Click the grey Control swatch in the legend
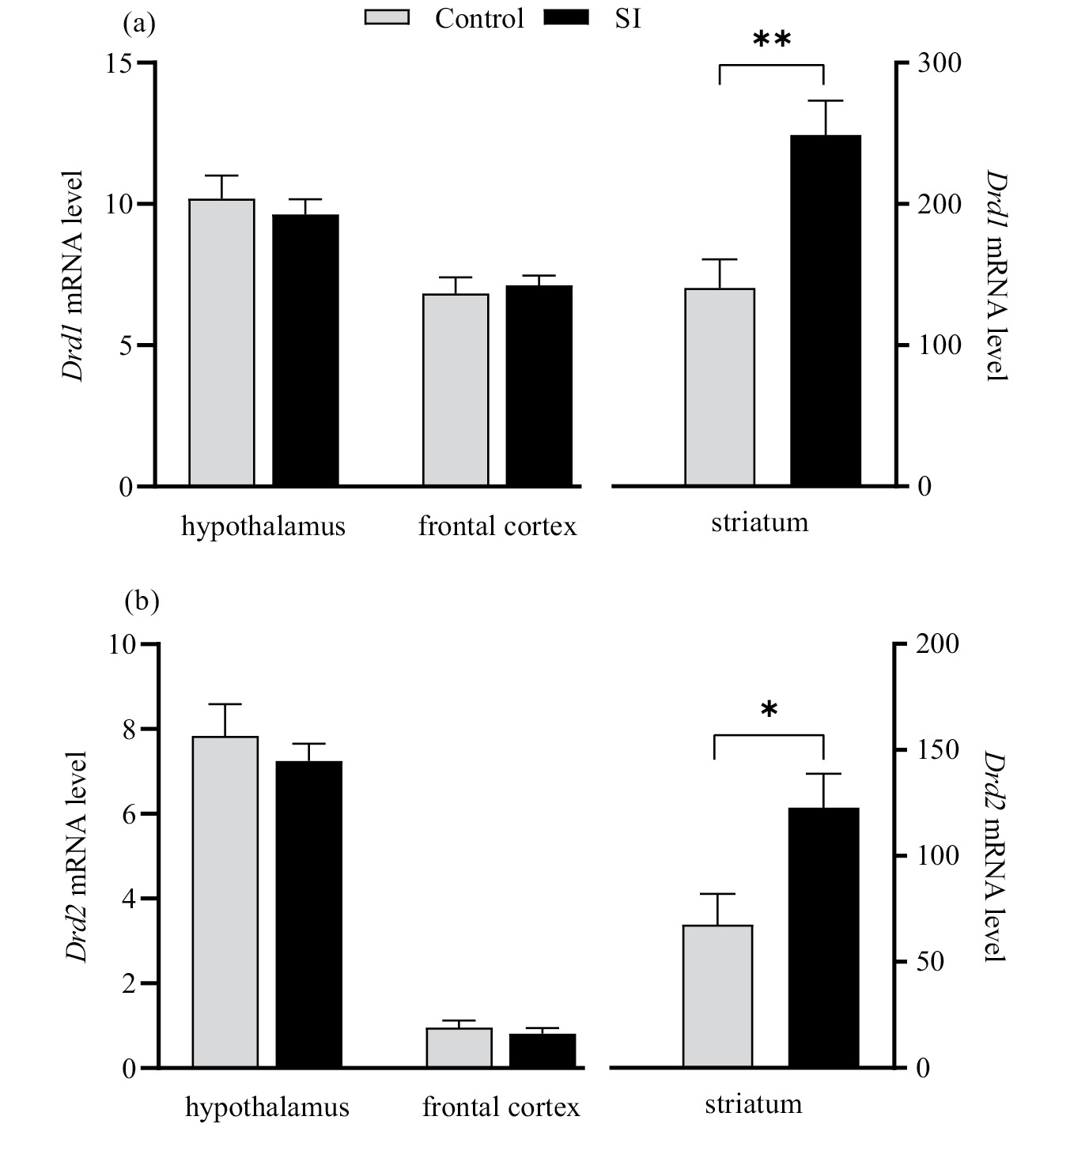coord(387,17)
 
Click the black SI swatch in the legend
coord(566,17)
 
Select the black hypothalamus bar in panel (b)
coord(308,915)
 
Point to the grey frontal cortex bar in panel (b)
coord(459,1048)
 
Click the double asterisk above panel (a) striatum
coord(772,40)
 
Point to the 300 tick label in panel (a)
coord(940,63)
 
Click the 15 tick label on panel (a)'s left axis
coord(120,63)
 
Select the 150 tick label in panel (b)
coord(938,749)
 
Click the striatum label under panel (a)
coord(759,522)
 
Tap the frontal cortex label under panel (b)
coord(501,1107)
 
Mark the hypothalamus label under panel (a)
coord(263,526)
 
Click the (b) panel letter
coord(142,602)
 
